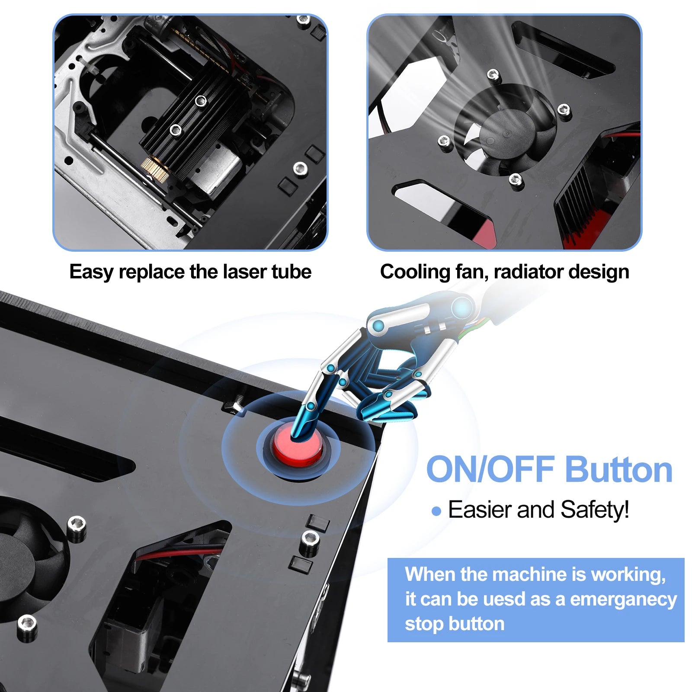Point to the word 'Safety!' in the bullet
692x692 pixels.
click(594, 509)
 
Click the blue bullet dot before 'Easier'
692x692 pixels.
click(436, 512)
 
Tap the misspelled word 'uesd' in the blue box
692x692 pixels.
click(502, 599)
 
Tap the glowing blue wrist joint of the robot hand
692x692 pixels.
click(463, 308)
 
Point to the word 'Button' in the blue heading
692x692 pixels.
click(618, 470)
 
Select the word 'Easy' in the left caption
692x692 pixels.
click(91, 272)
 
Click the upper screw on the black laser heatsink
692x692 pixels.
click(201, 101)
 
